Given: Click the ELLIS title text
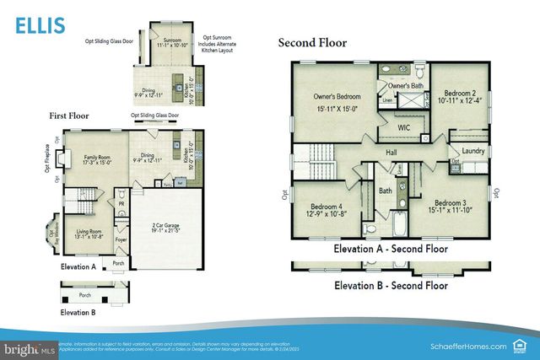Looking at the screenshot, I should [x=39, y=24].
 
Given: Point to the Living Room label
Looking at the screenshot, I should [x=89, y=231].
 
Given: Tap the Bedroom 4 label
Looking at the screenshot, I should [x=326, y=207].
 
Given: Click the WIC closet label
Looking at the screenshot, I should [x=404, y=126].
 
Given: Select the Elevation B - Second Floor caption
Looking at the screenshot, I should [x=390, y=286].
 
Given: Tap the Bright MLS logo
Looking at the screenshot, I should [x=29, y=347].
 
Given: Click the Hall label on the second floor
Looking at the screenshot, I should [x=391, y=152].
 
